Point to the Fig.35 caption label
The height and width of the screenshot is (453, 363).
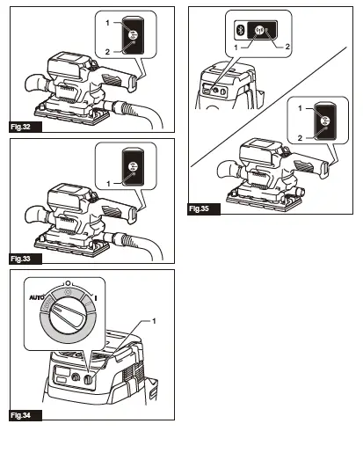[201, 209]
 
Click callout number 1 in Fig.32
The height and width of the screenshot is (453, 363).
[106, 19]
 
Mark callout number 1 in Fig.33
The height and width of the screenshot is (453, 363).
[106, 182]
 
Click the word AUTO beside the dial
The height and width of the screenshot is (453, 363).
[35, 297]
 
